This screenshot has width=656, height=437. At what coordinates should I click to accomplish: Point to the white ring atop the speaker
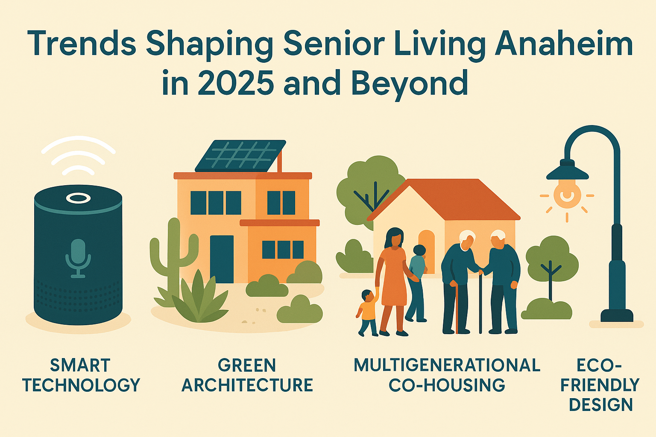click(78, 198)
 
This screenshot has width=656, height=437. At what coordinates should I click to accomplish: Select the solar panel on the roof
click(240, 156)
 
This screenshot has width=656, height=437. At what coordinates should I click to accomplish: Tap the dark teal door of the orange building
click(222, 259)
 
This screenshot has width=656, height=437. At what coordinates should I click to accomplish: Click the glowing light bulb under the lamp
click(567, 194)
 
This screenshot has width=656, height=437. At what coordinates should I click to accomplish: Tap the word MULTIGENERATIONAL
click(447, 365)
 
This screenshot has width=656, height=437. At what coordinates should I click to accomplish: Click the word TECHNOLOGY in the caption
click(82, 385)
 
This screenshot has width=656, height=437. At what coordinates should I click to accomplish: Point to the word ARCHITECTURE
click(247, 385)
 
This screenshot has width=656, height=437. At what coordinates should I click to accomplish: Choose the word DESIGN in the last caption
click(601, 405)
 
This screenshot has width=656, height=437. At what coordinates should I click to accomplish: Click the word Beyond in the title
click(410, 83)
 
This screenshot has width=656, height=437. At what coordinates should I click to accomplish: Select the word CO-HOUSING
click(447, 385)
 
